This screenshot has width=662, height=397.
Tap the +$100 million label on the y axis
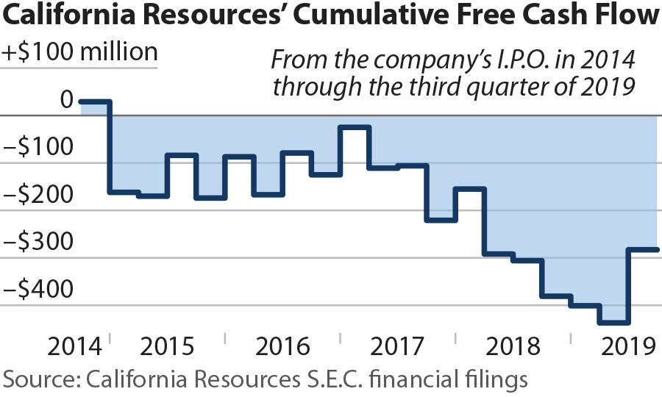80,52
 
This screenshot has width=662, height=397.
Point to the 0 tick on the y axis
66,99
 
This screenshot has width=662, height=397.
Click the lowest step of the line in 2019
613,322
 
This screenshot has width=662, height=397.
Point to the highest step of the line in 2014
95,101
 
